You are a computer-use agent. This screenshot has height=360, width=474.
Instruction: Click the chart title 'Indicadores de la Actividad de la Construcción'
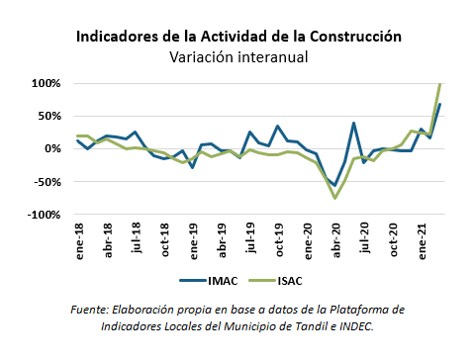point(238,36)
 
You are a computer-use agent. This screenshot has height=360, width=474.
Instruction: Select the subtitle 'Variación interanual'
point(238,57)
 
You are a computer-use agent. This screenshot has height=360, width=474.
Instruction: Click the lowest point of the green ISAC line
point(335,198)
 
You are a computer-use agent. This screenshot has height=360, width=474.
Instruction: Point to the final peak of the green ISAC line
point(440,84)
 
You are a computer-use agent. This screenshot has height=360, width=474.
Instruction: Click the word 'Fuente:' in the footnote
point(91,310)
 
